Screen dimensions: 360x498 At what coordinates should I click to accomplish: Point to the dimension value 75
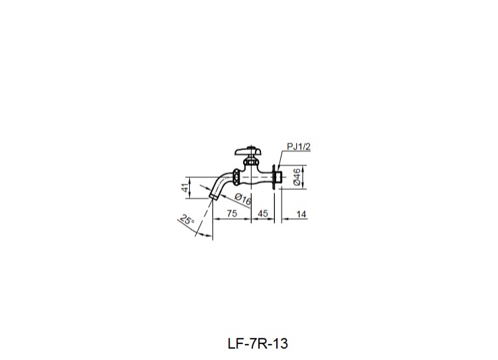click(x=232, y=213)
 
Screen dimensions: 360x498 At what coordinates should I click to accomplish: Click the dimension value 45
click(x=262, y=213)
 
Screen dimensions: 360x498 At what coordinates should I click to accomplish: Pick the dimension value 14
click(x=301, y=213)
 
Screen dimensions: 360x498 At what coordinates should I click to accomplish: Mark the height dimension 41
click(x=185, y=188)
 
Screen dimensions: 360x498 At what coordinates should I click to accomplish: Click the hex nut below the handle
click(x=250, y=161)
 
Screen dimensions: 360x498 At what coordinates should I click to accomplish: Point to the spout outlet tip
click(x=212, y=197)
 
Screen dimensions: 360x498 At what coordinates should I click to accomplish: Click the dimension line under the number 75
click(x=232, y=220)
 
